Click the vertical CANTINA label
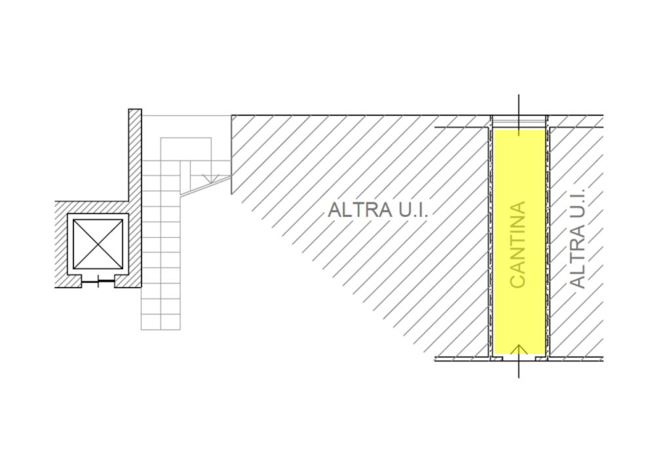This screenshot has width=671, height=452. click(x=518, y=244)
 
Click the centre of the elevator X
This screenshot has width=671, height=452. click(x=98, y=244)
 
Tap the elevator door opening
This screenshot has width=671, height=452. click(x=98, y=282)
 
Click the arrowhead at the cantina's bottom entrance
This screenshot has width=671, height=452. click(x=519, y=349)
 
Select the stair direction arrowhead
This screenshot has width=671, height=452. click(x=210, y=179)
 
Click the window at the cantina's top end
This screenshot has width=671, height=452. click(x=519, y=122)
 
